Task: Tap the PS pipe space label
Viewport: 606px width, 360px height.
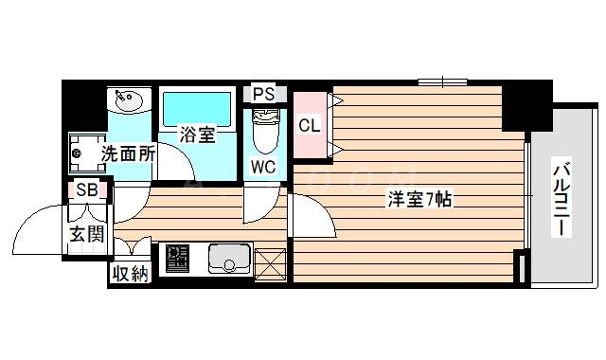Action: click(264, 94)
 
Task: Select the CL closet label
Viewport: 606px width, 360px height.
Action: click(309, 124)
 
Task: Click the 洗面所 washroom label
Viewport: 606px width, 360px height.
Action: click(128, 153)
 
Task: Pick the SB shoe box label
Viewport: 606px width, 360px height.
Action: click(86, 189)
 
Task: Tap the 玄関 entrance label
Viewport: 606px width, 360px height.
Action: click(85, 234)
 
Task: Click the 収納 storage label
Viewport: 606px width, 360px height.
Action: click(131, 274)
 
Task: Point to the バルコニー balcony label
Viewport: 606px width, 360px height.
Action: click(561, 200)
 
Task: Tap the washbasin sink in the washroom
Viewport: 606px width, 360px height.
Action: click(127, 99)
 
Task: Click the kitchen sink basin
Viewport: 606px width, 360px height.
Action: click(227, 258)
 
